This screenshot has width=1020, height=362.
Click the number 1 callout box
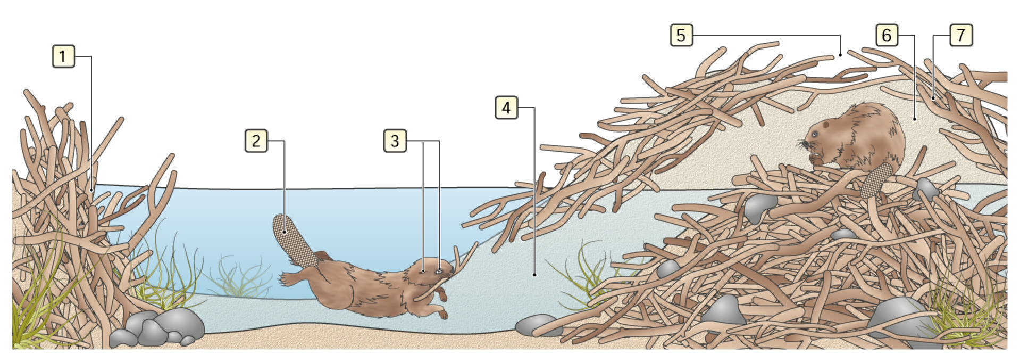63,56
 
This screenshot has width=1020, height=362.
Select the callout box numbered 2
256,141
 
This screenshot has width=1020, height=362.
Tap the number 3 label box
395,141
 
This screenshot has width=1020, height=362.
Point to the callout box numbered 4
506,108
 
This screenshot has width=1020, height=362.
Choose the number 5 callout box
681,36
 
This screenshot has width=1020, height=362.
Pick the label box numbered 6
887,36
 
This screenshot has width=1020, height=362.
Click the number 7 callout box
960,36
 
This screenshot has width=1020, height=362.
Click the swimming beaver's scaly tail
294,240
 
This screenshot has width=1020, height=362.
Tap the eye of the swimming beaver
439,271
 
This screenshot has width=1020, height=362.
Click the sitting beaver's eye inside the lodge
826,126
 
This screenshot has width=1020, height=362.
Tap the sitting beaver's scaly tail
875,180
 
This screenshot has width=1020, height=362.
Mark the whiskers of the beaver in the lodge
805,144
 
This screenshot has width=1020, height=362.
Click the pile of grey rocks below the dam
157,327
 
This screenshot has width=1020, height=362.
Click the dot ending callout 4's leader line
534,275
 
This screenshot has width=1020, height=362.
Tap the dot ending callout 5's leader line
840,54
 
